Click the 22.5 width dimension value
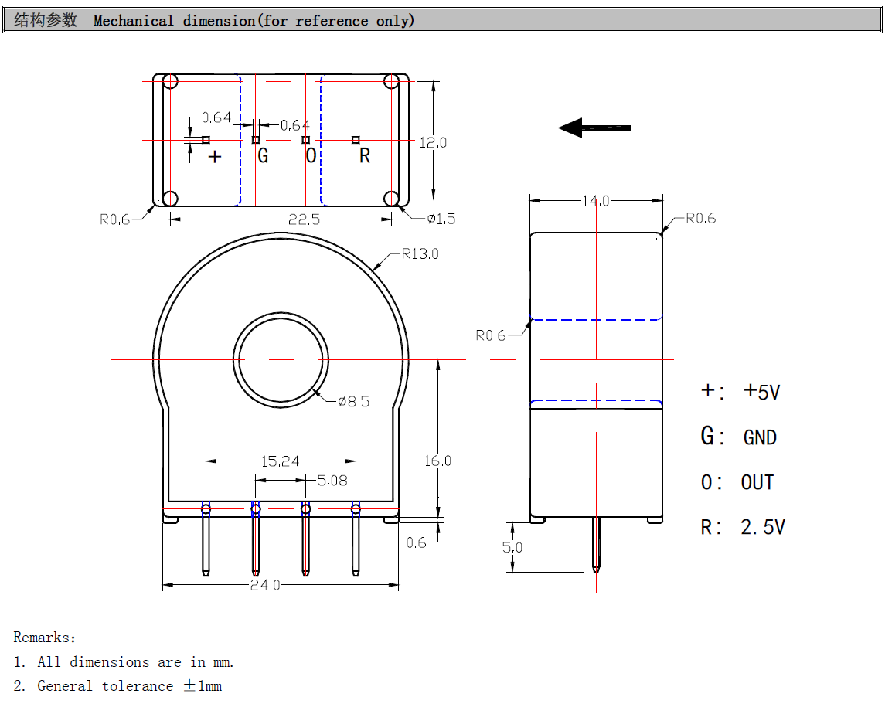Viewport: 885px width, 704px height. coord(304,219)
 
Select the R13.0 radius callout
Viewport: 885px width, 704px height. coord(420,254)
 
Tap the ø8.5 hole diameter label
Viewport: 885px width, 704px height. coord(353,401)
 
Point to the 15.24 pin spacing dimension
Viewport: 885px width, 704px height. coord(280,461)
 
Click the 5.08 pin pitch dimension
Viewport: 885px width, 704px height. coord(332,481)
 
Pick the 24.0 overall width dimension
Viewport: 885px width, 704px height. coord(265,585)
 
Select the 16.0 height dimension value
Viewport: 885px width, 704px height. coord(437,461)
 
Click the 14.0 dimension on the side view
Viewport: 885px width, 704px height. coord(596,201)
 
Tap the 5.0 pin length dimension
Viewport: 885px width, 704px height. coord(512,547)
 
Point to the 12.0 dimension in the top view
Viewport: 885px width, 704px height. coord(433,142)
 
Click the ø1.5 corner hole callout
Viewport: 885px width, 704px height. coord(441,219)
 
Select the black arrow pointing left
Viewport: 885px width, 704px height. coord(594,128)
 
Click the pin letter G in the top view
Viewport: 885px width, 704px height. coord(263,156)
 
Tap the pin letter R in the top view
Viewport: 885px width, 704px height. coord(365,156)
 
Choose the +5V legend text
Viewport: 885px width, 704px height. coord(761,392)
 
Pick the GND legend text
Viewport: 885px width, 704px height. coord(760,437)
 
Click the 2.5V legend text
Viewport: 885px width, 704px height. coord(763,528)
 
